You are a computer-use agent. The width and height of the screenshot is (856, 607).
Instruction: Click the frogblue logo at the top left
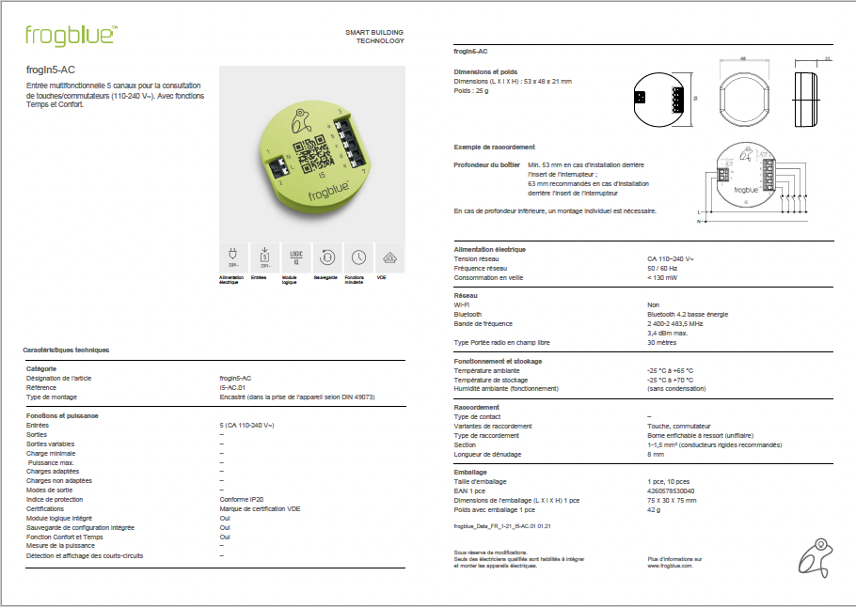coord(71,36)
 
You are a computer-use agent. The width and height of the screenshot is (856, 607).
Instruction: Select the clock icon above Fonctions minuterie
coord(358,257)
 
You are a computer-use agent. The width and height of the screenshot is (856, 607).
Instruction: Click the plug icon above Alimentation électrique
coord(231,257)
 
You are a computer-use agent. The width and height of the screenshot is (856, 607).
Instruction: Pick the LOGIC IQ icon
coord(295,257)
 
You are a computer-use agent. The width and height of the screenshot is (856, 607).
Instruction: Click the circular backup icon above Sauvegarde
coord(326,257)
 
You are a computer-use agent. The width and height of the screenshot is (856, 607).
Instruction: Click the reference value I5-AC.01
coord(232,387)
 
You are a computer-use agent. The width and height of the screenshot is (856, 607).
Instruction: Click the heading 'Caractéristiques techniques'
coord(67,350)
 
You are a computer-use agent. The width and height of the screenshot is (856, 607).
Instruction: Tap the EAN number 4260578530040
coord(671,491)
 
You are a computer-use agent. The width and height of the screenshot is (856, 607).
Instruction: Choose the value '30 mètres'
coord(661,342)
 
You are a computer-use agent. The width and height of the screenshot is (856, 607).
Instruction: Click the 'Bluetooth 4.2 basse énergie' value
coord(688,314)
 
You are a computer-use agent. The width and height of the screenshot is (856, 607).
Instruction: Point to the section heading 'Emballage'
coord(470,473)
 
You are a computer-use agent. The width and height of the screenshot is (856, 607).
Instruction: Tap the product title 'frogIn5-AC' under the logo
coord(51,69)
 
